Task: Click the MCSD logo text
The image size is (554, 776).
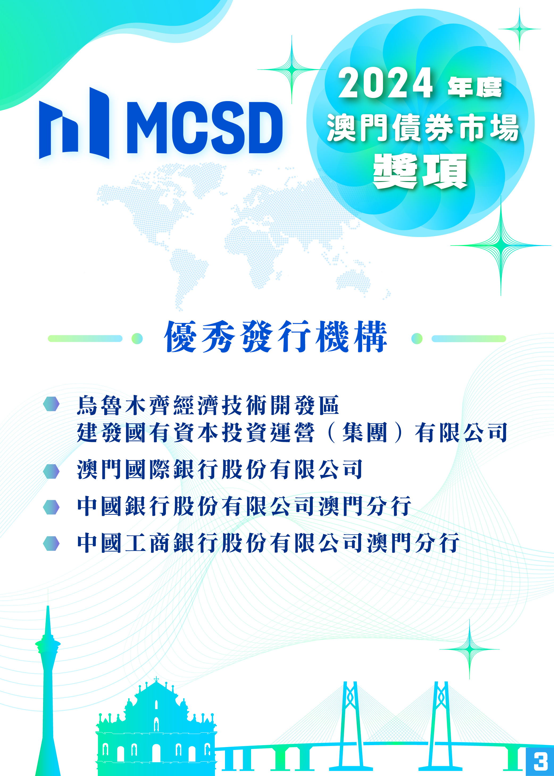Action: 205,128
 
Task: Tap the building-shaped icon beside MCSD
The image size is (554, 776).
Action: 74,123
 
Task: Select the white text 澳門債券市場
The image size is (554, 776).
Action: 423,128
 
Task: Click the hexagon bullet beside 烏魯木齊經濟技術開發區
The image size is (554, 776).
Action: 51,404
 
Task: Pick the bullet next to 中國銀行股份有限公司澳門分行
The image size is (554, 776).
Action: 51,507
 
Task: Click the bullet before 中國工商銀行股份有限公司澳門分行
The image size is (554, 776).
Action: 51,543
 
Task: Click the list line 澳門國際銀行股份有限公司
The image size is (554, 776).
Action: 220,470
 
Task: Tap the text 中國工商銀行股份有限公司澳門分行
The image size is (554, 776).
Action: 268,543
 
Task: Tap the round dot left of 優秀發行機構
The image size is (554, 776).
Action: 137,338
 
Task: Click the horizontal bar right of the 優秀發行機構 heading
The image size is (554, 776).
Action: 469,338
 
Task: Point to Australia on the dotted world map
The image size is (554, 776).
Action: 354,281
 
